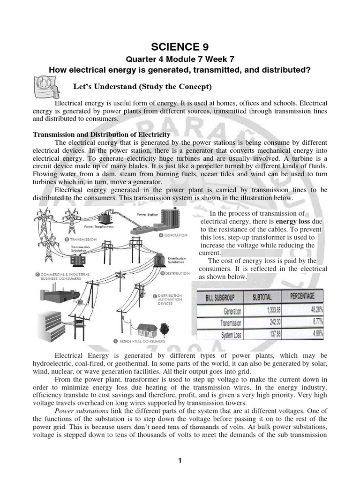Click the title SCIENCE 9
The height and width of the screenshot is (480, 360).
180,47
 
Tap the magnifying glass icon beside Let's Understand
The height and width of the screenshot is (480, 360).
44,87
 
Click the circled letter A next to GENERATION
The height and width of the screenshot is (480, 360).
161,235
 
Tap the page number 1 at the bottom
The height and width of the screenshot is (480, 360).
180,461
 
